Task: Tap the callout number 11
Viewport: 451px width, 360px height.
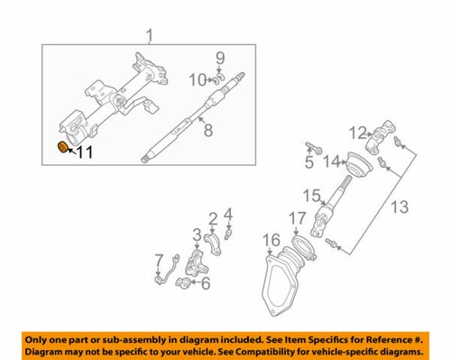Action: pos(84,153)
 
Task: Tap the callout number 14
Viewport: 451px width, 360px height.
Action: pos(331,162)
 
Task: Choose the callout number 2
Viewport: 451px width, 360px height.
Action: pos(213,217)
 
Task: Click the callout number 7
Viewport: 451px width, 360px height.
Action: pos(159,260)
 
